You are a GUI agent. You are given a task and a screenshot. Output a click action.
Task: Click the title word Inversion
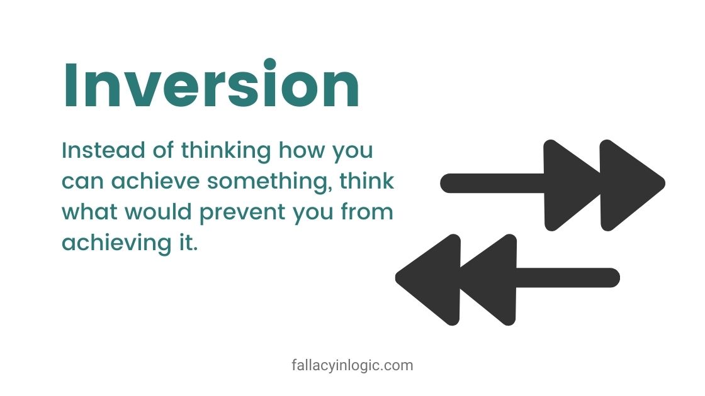(x=211, y=85)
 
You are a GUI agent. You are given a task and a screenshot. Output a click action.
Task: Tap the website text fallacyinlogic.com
(x=352, y=365)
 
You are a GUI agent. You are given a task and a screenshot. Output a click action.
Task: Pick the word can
(x=83, y=182)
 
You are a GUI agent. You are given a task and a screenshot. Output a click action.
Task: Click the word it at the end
(x=189, y=242)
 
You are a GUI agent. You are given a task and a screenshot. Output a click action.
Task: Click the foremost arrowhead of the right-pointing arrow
(x=629, y=183)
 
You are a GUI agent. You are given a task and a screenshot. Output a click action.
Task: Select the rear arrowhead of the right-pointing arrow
(x=570, y=183)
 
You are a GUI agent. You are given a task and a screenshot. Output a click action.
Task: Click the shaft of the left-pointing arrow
(x=567, y=277)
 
